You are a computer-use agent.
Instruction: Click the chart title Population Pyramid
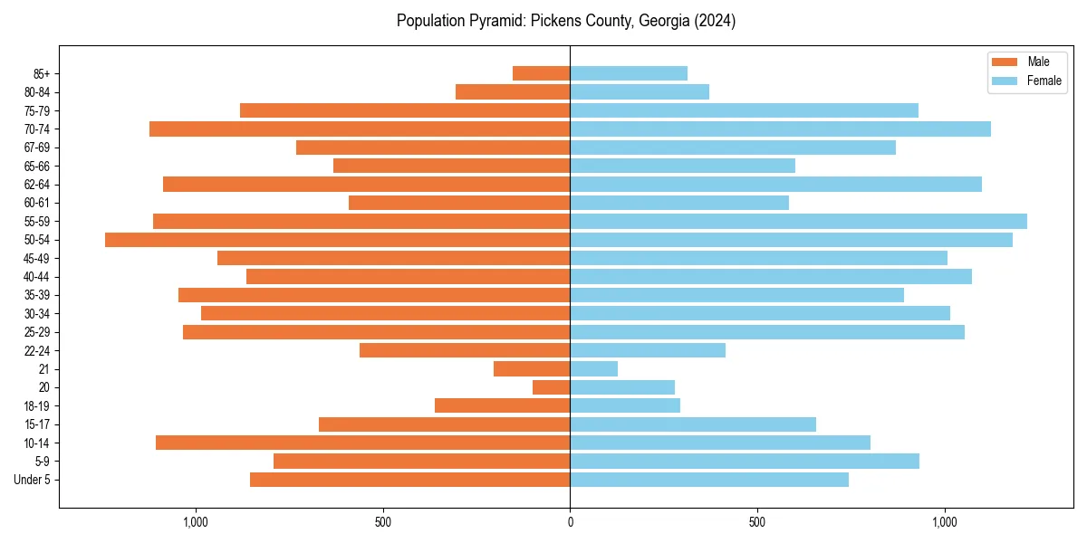(x=565, y=21)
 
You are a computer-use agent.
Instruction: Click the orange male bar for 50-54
(x=337, y=240)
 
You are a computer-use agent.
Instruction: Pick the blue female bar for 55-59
(x=798, y=221)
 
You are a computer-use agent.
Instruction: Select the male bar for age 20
(x=551, y=387)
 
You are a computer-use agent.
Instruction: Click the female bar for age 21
(x=593, y=369)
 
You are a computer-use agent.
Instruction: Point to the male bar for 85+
(x=541, y=73)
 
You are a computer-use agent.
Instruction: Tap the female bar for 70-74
(x=780, y=129)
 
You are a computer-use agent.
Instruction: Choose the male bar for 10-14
(x=362, y=443)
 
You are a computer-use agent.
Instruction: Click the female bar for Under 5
(x=709, y=480)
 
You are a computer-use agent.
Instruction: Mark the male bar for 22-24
(x=465, y=350)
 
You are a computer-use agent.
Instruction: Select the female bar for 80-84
(x=640, y=91)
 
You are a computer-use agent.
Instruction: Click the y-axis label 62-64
(x=35, y=185)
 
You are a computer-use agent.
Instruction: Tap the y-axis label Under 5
(x=32, y=480)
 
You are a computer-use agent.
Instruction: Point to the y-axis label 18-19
(x=35, y=406)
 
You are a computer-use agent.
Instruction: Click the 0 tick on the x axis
(x=570, y=522)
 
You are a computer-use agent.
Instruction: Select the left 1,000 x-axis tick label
(x=195, y=522)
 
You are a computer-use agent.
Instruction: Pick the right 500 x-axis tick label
(x=757, y=522)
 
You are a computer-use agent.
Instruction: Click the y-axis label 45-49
(x=35, y=258)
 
